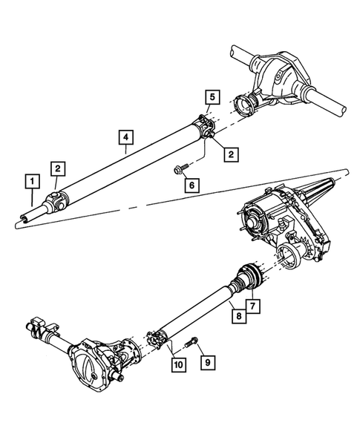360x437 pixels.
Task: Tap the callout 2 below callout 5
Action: coord(232,154)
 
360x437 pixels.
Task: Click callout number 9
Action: coord(209,363)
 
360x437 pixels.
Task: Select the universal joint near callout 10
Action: coord(157,341)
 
